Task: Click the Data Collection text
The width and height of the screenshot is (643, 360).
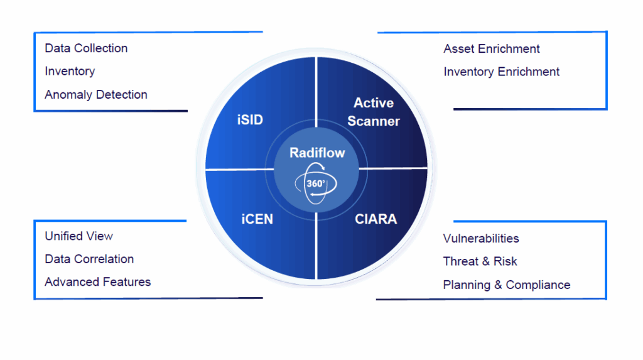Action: click(x=86, y=48)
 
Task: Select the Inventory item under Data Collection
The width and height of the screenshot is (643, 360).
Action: click(x=70, y=72)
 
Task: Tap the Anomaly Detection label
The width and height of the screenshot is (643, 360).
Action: click(x=96, y=95)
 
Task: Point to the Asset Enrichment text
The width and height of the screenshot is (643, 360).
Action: click(x=492, y=49)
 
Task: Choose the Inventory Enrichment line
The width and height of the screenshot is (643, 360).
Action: click(x=502, y=72)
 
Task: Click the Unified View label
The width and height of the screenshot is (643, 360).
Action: click(x=79, y=236)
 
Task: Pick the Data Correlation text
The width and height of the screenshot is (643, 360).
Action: click(x=89, y=259)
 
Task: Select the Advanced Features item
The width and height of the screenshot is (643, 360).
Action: click(x=98, y=282)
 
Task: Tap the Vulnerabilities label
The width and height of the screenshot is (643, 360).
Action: click(x=481, y=239)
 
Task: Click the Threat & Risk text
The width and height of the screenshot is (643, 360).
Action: click(x=480, y=261)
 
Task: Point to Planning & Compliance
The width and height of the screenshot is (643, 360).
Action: click(x=507, y=285)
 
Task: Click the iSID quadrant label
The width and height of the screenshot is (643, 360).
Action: click(x=250, y=119)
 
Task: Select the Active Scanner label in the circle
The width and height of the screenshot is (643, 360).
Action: click(x=374, y=112)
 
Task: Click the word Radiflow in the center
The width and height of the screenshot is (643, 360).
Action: click(x=317, y=153)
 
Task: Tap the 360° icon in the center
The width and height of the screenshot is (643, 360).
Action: click(x=316, y=183)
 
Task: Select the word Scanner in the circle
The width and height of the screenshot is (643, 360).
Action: click(x=374, y=121)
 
